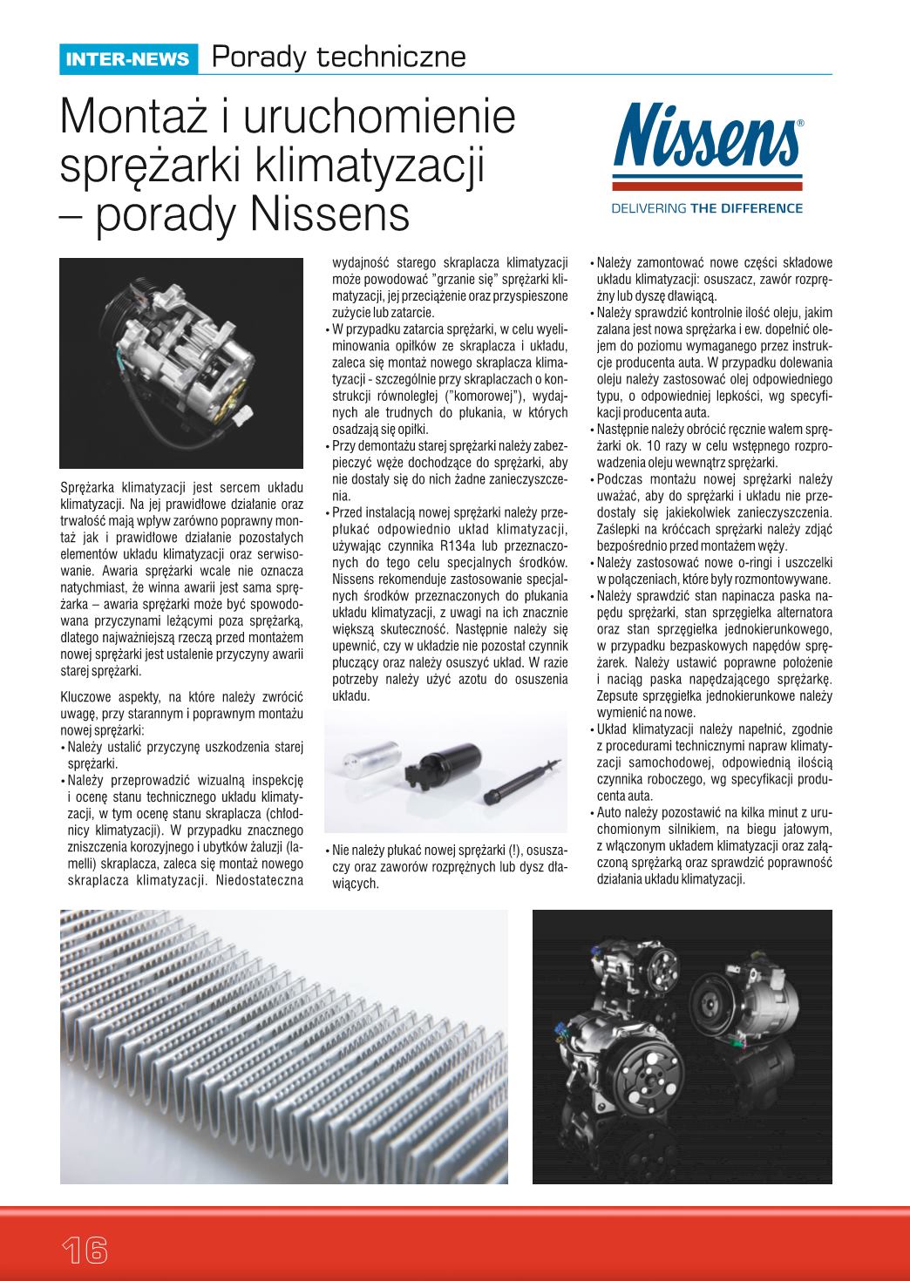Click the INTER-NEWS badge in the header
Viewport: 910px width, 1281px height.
[x=127, y=58]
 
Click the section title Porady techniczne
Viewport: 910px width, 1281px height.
[x=338, y=57]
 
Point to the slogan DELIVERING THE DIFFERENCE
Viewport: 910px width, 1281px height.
[x=707, y=208]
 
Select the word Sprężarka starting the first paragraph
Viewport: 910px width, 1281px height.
[x=87, y=485]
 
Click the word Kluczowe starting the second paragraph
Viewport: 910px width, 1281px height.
[x=87, y=697]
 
